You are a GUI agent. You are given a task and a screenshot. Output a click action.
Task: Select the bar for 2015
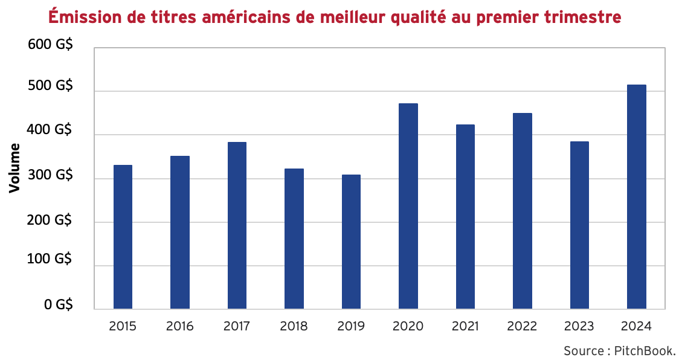pyautogui.click(x=123, y=237)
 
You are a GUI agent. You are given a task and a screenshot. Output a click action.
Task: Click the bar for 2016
pyautogui.click(x=180, y=233)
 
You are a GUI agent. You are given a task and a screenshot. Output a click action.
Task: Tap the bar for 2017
pyautogui.click(x=237, y=225)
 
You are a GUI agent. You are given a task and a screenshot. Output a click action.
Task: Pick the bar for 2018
pyautogui.click(x=294, y=239)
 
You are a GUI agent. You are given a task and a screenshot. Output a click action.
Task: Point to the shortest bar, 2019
pyautogui.click(x=351, y=242)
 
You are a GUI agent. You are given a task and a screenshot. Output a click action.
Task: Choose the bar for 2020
pyautogui.click(x=408, y=206)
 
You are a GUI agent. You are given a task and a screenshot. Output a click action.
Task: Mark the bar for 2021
pyautogui.click(x=465, y=217)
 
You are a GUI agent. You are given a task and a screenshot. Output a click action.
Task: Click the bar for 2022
pyautogui.click(x=523, y=211)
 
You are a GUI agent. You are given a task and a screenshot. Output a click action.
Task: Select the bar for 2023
pyautogui.click(x=579, y=225)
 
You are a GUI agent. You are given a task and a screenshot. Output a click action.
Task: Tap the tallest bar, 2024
pyautogui.click(x=637, y=197)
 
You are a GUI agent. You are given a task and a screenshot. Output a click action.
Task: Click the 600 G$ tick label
pyautogui.click(x=50, y=47)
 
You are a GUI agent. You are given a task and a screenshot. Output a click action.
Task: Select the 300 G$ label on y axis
pyautogui.click(x=50, y=176)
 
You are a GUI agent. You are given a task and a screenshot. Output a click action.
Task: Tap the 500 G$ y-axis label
pyautogui.click(x=50, y=86)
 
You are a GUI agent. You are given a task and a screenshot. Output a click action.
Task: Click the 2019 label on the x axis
pyautogui.click(x=351, y=327)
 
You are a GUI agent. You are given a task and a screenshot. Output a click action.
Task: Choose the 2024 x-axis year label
pyautogui.click(x=637, y=327)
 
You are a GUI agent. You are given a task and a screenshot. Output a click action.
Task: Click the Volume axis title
pyautogui.click(x=15, y=168)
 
